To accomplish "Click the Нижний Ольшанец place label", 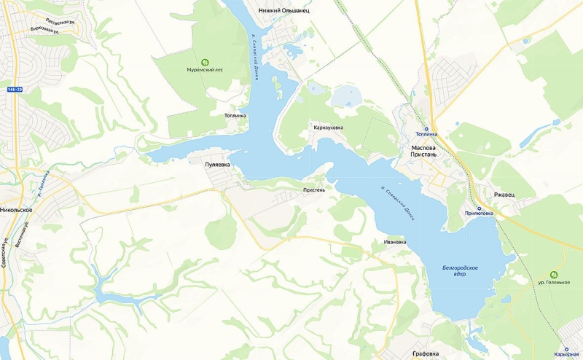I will (283, 11).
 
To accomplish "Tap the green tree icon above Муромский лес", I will (205, 61).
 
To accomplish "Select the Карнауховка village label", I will (328, 128).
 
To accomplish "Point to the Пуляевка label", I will (217, 165).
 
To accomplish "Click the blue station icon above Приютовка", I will (479, 208).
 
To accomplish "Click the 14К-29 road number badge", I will (16, 89).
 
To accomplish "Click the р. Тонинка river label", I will (44, 179).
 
